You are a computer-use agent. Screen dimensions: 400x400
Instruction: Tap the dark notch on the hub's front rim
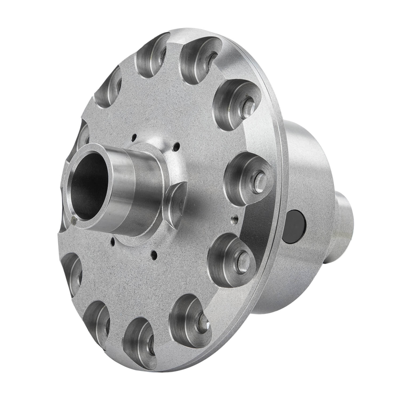(x=74, y=220)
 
